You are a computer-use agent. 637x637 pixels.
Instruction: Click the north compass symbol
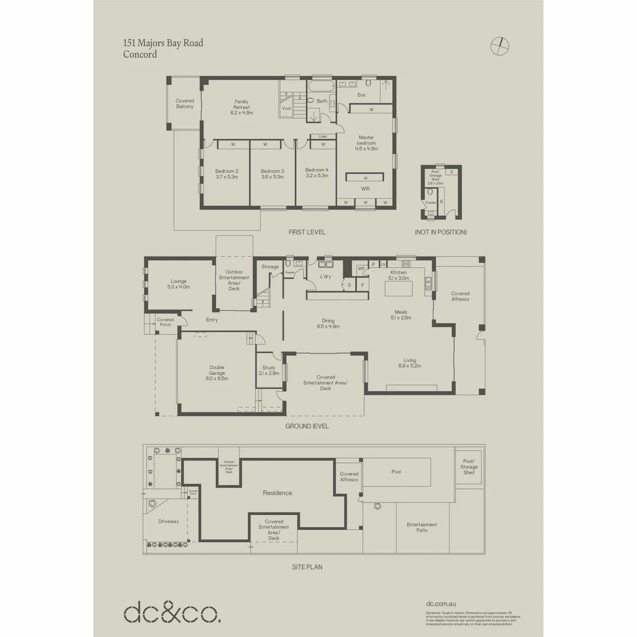[500, 45]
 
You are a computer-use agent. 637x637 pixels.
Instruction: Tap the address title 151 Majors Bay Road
[163, 43]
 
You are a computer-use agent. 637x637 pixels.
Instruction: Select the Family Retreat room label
[241, 107]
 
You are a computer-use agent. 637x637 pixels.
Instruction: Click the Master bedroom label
[366, 143]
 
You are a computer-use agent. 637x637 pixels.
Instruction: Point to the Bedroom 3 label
[272, 173]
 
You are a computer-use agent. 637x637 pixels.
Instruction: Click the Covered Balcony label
[185, 104]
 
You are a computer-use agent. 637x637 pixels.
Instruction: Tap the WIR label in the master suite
[365, 189]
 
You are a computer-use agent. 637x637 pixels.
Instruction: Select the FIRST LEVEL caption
[307, 232]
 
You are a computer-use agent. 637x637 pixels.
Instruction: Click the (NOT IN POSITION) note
[441, 232]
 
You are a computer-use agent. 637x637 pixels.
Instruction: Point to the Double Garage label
[216, 373]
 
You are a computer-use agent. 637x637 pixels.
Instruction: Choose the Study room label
[268, 370]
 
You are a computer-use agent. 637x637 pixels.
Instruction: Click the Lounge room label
[179, 284]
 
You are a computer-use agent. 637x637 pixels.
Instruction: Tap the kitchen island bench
[399, 289]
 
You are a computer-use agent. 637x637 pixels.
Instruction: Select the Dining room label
[327, 323]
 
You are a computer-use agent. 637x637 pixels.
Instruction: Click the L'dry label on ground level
[325, 276]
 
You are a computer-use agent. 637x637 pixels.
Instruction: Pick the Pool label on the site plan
[396, 472]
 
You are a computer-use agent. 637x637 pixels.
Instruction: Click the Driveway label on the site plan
[168, 521]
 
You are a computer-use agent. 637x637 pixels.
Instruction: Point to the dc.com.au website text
[441, 604]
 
